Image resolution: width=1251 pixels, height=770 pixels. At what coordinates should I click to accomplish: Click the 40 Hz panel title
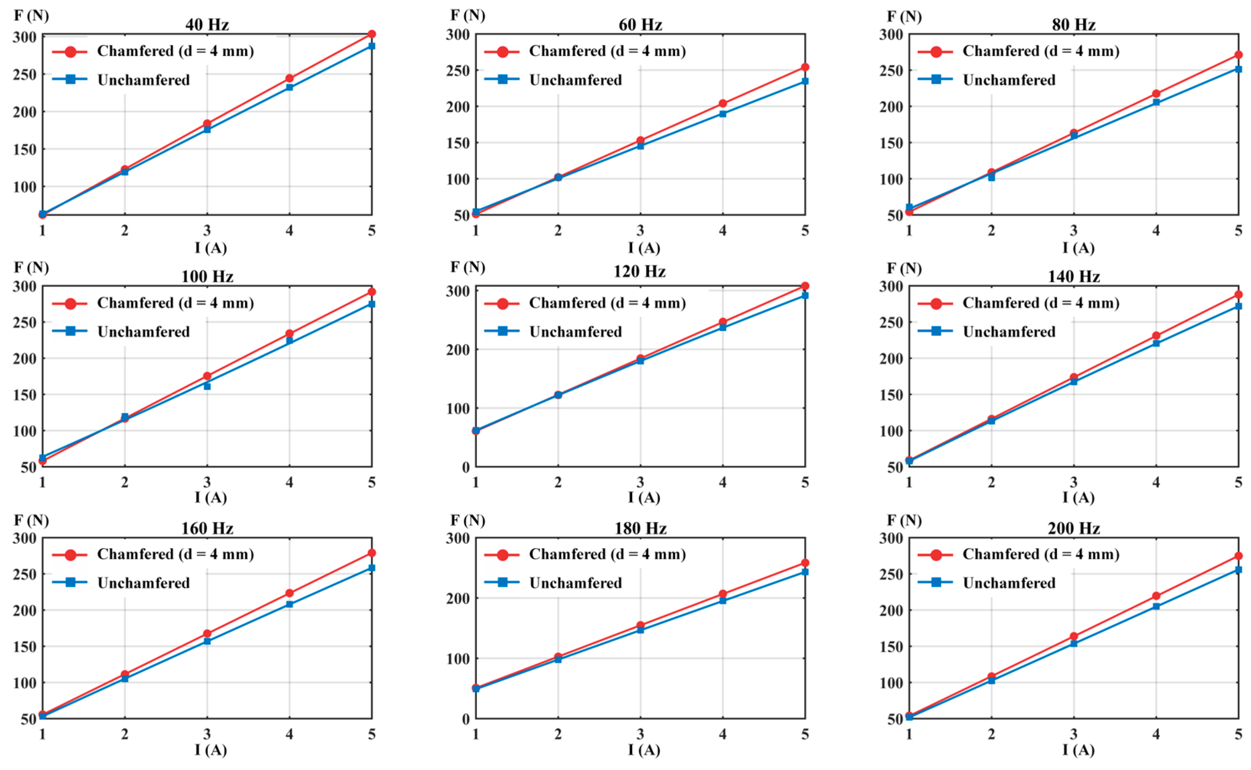[x=207, y=24]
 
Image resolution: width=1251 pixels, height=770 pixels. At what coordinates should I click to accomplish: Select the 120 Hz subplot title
[x=639, y=271]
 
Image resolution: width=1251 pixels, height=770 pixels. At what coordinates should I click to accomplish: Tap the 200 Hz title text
[x=1074, y=528]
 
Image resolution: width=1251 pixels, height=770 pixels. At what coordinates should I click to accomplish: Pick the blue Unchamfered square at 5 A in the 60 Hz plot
[x=805, y=81]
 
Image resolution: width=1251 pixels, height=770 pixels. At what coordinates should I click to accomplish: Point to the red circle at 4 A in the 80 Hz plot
[x=1156, y=94]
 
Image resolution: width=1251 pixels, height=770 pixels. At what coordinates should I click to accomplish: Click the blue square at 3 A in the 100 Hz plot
[x=207, y=386]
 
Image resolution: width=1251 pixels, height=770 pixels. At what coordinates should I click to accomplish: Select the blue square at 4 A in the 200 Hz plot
[x=1156, y=606]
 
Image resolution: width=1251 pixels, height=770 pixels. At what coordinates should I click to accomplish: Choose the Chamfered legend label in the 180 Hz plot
[x=607, y=554]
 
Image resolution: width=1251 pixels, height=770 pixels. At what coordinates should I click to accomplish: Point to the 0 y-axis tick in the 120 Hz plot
[x=465, y=467]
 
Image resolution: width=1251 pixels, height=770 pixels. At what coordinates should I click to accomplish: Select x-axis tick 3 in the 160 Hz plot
[x=207, y=733]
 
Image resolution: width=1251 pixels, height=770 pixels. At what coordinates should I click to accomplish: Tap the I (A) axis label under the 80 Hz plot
[x=1078, y=248]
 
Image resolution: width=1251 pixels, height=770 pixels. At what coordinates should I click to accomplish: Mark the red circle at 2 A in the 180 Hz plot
[x=558, y=657]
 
